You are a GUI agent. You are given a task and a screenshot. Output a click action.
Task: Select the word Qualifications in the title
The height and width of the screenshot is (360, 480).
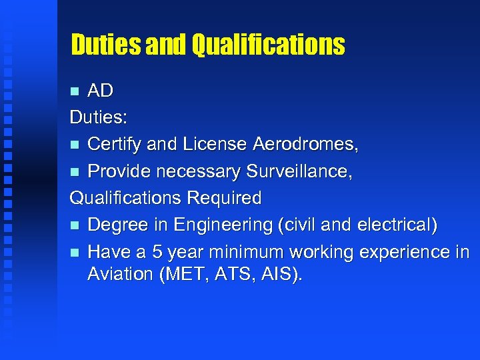268,45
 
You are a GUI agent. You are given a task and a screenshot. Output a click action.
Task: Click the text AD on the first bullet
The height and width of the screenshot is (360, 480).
100,91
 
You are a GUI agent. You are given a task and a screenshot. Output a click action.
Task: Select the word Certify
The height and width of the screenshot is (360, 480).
114,144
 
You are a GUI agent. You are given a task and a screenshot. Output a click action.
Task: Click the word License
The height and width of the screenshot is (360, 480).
218,144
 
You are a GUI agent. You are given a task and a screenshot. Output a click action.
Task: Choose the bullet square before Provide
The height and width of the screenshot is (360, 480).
75,171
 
